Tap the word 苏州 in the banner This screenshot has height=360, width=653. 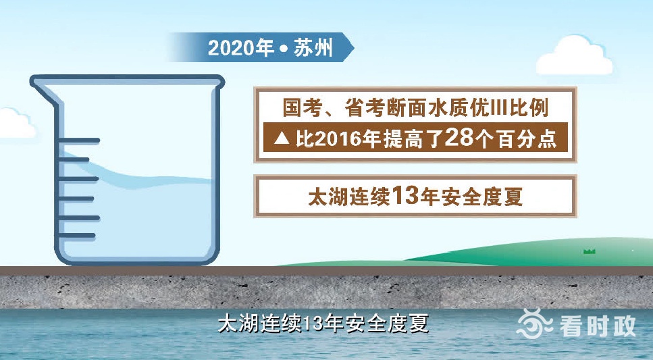click(x=313, y=48)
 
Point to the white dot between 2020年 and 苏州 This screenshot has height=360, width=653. click(x=284, y=49)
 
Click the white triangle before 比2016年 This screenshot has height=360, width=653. click(x=282, y=138)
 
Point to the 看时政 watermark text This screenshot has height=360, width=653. click(x=598, y=326)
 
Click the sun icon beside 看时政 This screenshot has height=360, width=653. click(x=534, y=324)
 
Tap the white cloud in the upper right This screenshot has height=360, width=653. click(x=575, y=56)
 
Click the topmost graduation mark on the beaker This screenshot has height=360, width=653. click(x=79, y=141)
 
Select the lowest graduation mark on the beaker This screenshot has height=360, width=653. click(x=77, y=236)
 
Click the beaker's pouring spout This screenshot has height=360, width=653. click(x=42, y=85)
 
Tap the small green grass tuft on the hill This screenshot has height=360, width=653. click(x=590, y=251)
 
